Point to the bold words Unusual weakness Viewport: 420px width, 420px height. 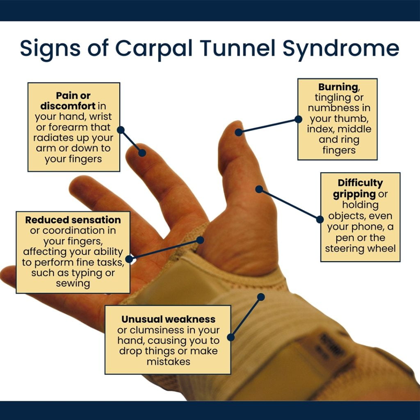click(168, 319)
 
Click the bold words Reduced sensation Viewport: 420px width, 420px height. click(73, 220)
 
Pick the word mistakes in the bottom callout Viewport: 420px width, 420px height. click(168, 362)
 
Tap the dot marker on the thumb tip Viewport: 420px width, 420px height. click(239, 132)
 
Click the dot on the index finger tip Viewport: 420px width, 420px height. click(142, 153)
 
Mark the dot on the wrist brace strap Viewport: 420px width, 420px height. click(261, 296)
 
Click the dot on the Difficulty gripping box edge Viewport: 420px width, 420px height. click(320, 219)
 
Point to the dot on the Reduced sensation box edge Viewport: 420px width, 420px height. click(129, 259)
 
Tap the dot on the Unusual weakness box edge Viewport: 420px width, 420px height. click(231, 337)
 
